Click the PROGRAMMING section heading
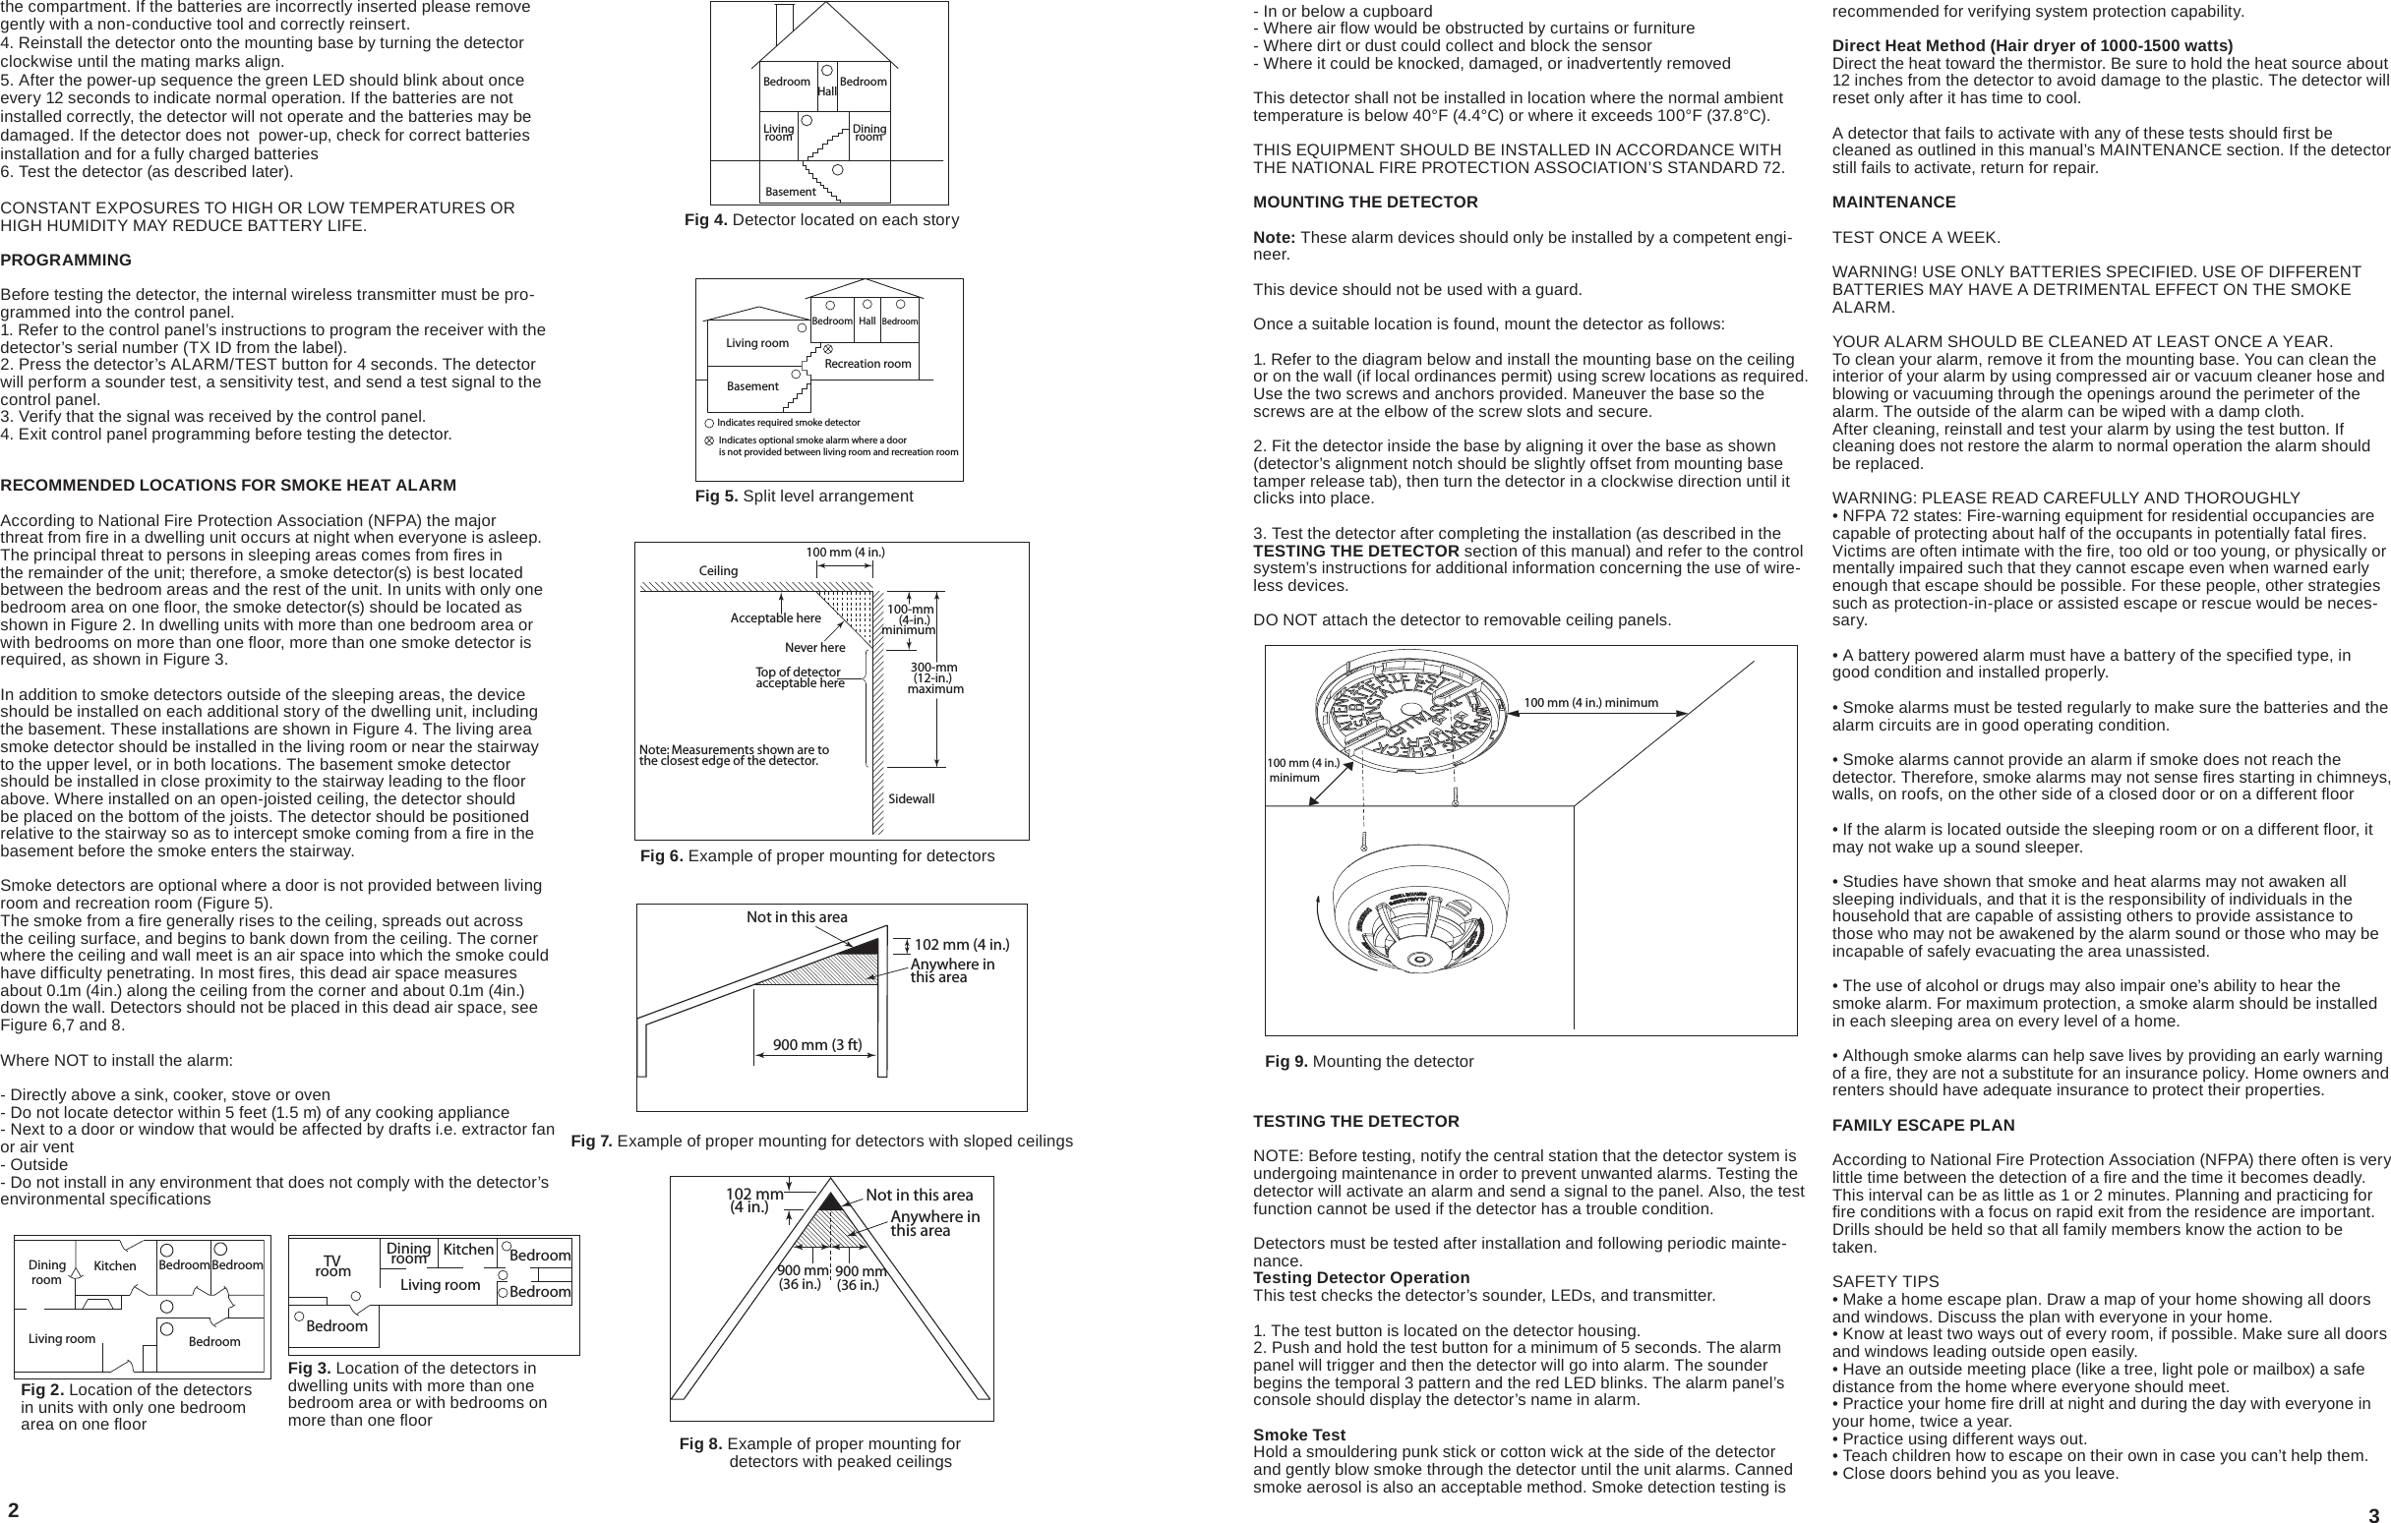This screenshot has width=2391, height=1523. click(66, 261)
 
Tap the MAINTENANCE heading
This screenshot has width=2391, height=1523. click(1893, 203)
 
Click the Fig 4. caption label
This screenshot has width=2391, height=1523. click(706, 220)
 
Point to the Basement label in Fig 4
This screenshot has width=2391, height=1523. click(791, 192)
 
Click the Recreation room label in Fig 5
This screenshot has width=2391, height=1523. click(867, 364)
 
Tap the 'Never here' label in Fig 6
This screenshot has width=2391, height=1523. click(814, 648)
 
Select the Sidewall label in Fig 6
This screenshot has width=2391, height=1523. click(911, 798)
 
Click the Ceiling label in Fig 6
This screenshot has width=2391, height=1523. click(718, 571)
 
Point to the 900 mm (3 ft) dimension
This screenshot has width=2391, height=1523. click(817, 1044)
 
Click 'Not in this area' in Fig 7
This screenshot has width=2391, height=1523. click(797, 917)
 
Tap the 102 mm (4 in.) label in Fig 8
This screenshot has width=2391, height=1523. click(752, 1201)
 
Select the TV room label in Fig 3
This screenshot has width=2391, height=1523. click(332, 1266)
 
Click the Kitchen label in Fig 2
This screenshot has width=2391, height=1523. click(115, 1265)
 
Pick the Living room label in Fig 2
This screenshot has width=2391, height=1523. click(62, 1338)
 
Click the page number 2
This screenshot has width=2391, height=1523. click(13, 1509)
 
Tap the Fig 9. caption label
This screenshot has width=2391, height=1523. click(1285, 1061)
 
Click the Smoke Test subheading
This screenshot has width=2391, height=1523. click(1298, 1435)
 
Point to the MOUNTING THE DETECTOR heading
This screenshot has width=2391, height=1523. click(1364, 203)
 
